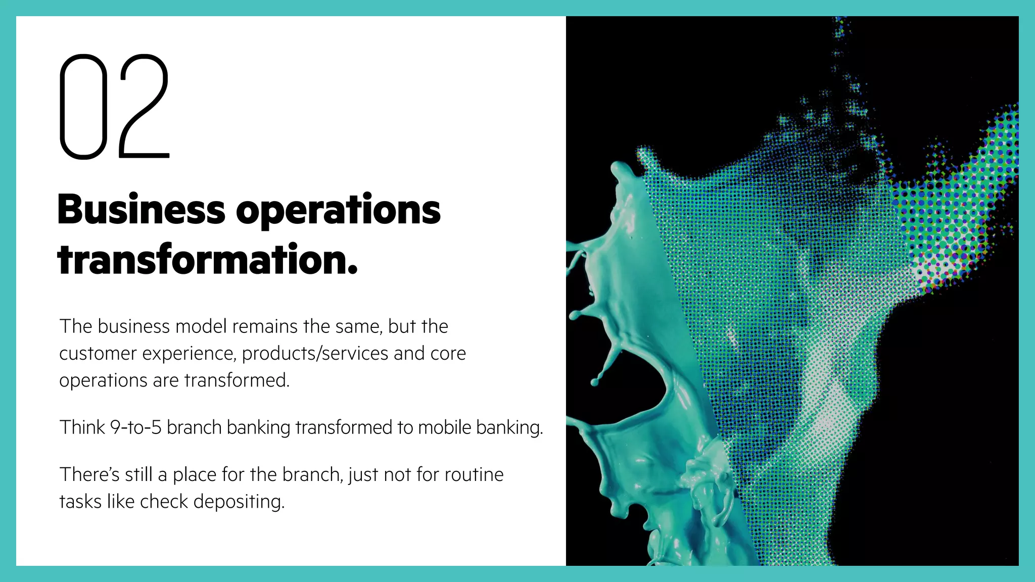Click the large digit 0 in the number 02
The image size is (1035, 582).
[83, 107]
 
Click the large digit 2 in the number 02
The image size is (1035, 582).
[145, 107]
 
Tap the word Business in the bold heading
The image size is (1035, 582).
[141, 210]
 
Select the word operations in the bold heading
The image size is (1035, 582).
[338, 210]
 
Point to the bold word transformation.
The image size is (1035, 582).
[207, 260]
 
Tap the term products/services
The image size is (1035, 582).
[315, 354]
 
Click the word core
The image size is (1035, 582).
[448, 354]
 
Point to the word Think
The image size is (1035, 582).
[82, 427]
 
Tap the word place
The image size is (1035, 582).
[195, 475]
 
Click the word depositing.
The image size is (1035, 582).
[239, 502]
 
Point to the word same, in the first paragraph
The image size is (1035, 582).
[358, 326]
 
